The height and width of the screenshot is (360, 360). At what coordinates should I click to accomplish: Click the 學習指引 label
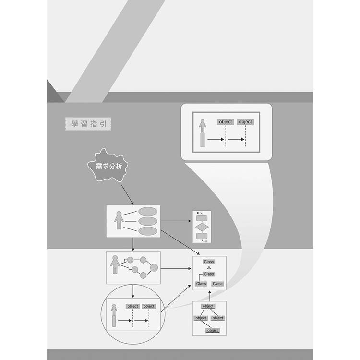pos(88,124)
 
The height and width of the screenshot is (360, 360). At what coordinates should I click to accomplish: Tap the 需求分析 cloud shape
pos(108,166)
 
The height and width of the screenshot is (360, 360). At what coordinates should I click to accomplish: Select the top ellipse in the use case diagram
pos(148,211)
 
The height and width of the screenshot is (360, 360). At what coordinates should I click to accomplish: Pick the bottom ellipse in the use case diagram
pos(148,231)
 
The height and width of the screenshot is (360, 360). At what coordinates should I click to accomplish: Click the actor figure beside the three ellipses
pos(119,220)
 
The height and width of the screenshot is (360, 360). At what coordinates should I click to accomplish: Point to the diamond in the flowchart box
pos(202,228)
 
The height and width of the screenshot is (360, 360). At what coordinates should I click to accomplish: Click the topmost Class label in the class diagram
pos(209,262)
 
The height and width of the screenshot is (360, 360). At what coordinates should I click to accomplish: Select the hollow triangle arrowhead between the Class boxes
pos(209,268)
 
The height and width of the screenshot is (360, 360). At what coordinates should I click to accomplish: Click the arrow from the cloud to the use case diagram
pos(127,195)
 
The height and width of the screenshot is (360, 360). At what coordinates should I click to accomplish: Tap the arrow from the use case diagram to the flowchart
pos(176,221)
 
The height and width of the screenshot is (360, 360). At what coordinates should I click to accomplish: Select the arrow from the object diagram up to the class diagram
pos(210,296)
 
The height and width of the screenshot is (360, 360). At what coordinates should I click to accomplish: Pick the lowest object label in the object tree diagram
pos(213,331)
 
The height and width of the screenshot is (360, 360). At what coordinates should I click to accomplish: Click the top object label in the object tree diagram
pos(208,306)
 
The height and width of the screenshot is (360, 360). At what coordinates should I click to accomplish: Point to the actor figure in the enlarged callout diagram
pos(203,133)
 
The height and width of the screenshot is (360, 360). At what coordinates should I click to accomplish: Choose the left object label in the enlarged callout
pos(226,122)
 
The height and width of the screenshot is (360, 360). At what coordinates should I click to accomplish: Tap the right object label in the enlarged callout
pos(245,122)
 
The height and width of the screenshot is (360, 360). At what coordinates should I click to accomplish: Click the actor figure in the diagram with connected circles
pos(115,264)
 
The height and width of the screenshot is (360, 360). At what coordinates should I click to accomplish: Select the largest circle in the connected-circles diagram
pos(154,268)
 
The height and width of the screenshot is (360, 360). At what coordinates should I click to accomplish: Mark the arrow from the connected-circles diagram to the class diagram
pos(176,268)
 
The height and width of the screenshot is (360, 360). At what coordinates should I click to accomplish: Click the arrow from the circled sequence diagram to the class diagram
pos(176,298)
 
